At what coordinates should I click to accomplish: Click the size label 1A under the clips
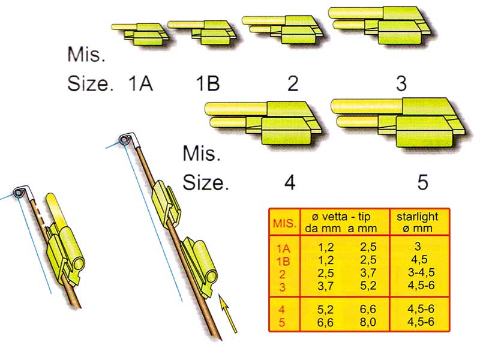140,83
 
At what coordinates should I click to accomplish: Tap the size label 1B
208,83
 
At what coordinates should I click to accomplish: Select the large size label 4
290,182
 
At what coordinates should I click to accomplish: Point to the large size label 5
423,182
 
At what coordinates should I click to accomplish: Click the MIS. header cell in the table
284,223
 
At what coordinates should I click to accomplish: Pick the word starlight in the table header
417,217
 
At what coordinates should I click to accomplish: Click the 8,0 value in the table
368,322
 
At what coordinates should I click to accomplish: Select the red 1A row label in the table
283,248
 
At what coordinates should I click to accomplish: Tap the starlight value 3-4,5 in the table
421,272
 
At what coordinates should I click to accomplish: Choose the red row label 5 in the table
282,323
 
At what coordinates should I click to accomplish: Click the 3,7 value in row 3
325,286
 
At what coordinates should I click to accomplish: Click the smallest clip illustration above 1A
140,34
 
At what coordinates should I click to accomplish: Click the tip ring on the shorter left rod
18,192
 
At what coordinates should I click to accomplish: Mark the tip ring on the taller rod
124,140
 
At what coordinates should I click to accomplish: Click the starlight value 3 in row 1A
418,246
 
